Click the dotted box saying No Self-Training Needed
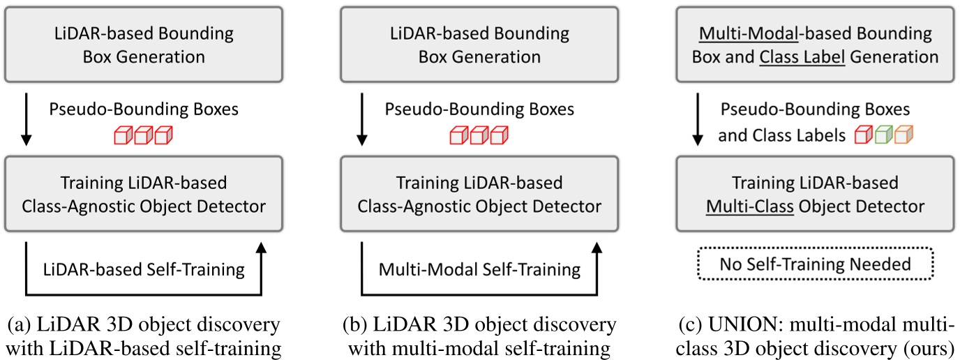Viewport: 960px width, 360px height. point(815,264)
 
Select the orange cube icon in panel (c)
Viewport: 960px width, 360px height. point(903,135)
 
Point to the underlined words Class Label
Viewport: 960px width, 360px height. point(802,56)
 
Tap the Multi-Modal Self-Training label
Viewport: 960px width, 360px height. point(479,269)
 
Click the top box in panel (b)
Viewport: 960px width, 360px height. point(479,45)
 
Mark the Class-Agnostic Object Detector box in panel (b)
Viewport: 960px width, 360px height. point(479,195)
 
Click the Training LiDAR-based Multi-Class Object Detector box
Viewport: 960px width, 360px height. point(815,195)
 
